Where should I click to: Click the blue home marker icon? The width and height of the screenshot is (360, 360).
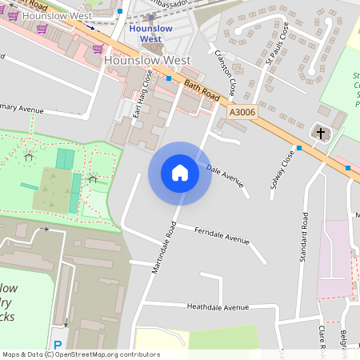[180, 173]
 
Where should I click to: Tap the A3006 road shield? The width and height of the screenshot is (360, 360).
[242, 114]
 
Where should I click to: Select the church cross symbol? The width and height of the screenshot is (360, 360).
[321, 133]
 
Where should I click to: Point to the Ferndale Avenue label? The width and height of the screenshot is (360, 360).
[222, 234]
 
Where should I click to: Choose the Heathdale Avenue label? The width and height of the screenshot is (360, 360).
[218, 307]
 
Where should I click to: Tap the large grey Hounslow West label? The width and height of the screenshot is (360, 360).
[147, 61]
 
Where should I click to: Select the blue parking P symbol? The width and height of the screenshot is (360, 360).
[57, 346]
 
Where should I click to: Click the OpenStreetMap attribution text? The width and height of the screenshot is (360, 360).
[81, 354]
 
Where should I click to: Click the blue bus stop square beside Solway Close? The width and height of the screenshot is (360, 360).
[298, 148]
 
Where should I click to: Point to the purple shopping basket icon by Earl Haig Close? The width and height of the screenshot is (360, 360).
[98, 48]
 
